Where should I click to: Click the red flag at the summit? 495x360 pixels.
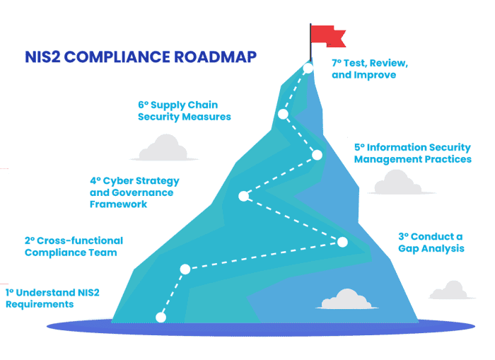[x=327, y=36]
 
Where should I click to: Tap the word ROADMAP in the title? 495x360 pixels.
[x=215, y=57]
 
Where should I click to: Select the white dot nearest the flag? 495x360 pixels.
[x=308, y=68]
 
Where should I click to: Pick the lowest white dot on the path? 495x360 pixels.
[x=161, y=317]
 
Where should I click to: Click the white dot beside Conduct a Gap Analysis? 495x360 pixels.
[x=342, y=242]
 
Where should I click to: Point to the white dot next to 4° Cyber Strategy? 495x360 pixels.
[x=243, y=196]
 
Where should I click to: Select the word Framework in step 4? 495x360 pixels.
[x=118, y=204]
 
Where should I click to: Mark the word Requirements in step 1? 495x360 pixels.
[x=40, y=304]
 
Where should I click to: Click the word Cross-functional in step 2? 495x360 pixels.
[x=80, y=240]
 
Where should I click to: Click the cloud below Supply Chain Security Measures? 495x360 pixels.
[x=164, y=148]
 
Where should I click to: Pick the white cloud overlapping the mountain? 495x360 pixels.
[x=347, y=299]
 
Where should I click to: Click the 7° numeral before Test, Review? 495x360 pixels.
[x=337, y=63]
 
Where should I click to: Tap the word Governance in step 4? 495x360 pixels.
[x=142, y=192]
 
